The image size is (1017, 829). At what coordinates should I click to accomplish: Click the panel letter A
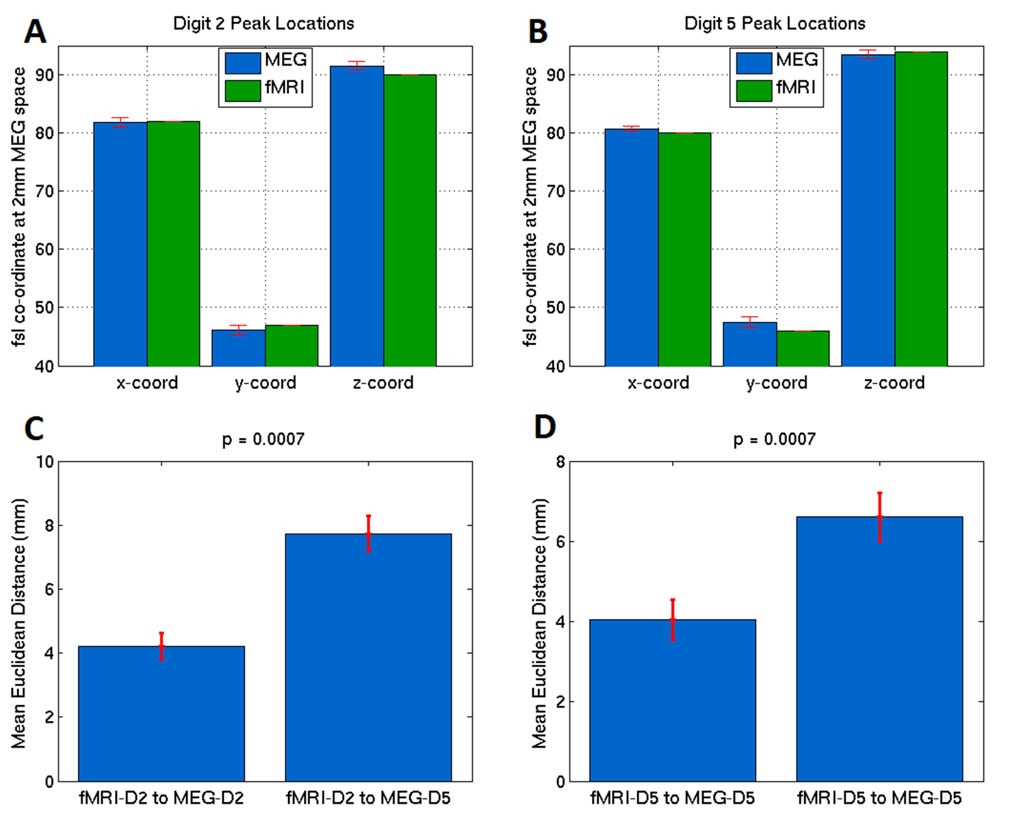click(36, 31)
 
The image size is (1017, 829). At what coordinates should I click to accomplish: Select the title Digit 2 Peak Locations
click(263, 24)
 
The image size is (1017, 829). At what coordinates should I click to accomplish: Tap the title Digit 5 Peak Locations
click(775, 24)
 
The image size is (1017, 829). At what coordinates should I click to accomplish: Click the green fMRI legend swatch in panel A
click(242, 90)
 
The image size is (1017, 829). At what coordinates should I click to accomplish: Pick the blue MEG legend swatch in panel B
click(754, 62)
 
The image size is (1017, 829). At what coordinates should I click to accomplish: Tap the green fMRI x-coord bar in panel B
click(684, 249)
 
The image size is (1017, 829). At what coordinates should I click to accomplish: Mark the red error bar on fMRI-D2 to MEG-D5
click(368, 534)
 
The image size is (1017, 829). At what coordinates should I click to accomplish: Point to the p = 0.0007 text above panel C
click(263, 439)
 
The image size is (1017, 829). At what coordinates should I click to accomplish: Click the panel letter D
click(545, 427)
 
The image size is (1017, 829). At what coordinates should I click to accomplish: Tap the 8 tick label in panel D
click(561, 462)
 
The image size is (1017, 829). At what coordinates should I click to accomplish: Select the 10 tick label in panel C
click(45, 462)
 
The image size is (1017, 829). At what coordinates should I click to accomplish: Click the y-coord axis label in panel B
click(777, 383)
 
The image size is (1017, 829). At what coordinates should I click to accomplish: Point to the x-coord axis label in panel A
click(147, 383)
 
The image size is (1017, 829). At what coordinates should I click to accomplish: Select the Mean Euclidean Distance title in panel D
click(540, 622)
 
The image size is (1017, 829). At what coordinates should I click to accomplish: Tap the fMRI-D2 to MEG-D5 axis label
click(368, 798)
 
